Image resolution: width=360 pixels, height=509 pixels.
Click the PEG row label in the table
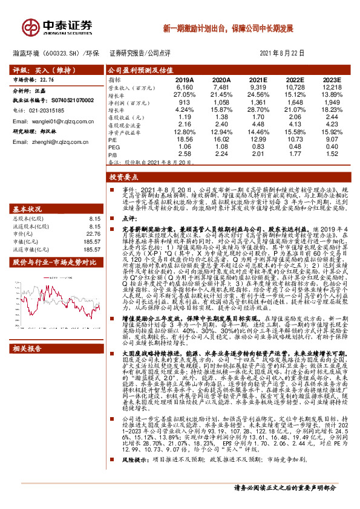click(x=114, y=146)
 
